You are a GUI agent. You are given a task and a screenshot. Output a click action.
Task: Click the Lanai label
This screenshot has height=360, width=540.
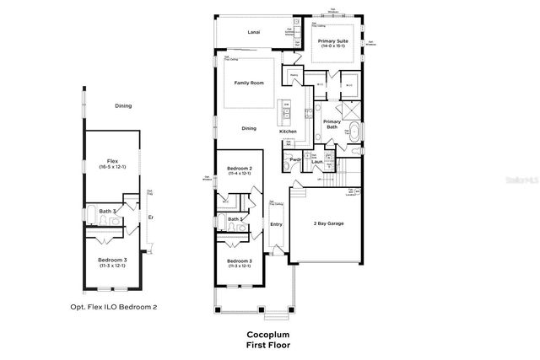pos(253,32)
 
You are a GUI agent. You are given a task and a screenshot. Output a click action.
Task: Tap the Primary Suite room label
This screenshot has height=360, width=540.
pos(332,40)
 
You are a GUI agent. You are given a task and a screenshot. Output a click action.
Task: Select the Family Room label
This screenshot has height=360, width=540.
pos(249,83)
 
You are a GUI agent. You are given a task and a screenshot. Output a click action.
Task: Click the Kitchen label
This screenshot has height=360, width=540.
pos(289,132)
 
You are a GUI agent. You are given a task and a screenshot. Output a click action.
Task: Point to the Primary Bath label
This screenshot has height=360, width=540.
pos(332,125)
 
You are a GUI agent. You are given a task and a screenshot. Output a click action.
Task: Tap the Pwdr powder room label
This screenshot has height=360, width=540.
pos(295,159)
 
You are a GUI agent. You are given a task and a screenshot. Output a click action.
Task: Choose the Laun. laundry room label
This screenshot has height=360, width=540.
pos(317,162)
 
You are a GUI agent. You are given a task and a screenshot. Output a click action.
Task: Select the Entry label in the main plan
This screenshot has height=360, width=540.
pos(276,223)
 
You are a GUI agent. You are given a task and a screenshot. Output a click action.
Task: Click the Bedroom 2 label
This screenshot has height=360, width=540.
pos(240,169)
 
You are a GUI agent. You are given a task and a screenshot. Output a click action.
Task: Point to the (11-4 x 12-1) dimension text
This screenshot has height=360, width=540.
pos(240,175)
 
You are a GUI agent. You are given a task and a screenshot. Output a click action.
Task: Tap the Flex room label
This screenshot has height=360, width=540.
pos(111,160)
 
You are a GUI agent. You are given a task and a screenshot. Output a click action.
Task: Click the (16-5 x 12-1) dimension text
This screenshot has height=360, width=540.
pos(111,167)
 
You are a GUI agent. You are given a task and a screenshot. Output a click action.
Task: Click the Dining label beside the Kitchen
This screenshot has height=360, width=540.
pos(249,128)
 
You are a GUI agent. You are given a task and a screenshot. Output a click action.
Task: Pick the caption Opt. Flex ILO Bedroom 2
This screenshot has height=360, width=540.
pos(112,308)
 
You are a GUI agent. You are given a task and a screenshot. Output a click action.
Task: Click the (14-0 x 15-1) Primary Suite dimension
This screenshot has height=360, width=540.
pos(332,47)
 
